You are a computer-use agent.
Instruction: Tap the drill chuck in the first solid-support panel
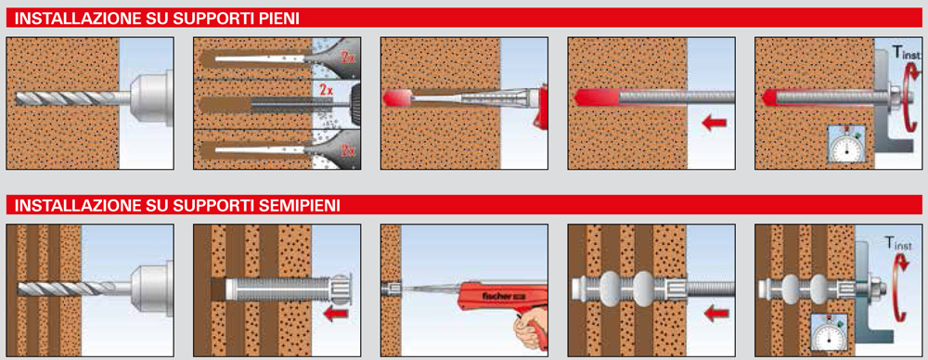[151, 97]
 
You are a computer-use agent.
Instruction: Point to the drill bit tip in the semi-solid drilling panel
[19, 289]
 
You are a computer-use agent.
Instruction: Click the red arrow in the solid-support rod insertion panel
[714, 123]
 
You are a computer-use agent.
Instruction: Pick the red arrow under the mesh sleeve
[336, 314]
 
